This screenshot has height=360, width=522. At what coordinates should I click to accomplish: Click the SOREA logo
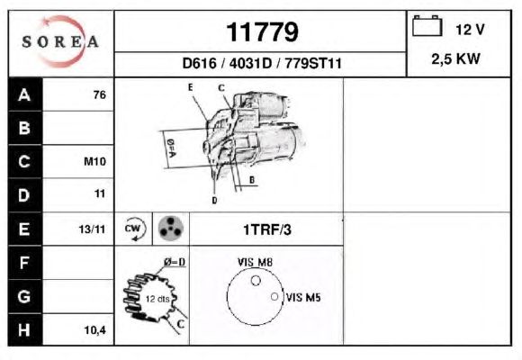pos(60,41)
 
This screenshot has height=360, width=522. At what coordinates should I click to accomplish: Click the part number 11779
pos(262,32)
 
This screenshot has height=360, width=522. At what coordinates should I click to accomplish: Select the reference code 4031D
pos(250,63)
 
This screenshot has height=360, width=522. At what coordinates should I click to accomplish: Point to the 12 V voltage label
pos(470,30)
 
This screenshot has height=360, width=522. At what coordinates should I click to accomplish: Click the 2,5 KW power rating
pos(455,58)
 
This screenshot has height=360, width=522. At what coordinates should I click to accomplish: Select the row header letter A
pos(24,94)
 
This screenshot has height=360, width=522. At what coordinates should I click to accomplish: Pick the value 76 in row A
pos(100,94)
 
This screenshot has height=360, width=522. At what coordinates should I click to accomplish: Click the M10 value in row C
pos(94,161)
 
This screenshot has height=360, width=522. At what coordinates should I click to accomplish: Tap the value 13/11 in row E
pos(92,229)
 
